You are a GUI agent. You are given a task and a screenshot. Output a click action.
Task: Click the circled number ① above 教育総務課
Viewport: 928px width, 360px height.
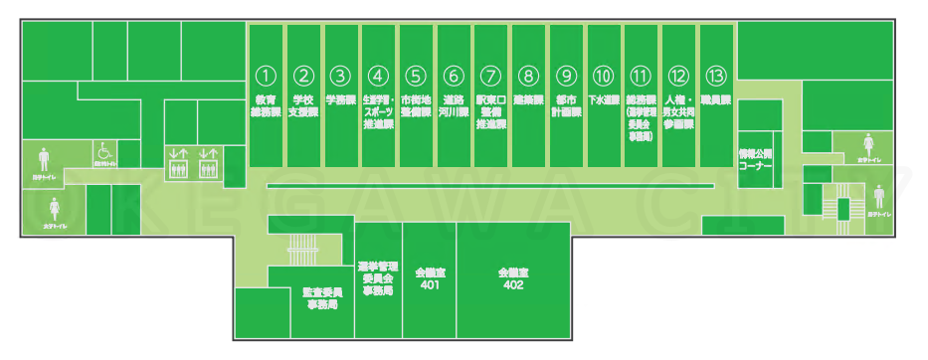(x=265, y=75)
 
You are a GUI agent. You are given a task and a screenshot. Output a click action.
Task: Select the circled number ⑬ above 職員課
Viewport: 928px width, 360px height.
(x=715, y=75)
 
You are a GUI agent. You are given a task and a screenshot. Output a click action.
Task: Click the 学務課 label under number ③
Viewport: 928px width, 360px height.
(x=340, y=100)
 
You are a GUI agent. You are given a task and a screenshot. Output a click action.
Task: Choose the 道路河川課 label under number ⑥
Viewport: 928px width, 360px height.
(x=454, y=106)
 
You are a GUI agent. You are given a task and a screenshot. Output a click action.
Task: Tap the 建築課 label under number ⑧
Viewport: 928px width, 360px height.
(x=528, y=100)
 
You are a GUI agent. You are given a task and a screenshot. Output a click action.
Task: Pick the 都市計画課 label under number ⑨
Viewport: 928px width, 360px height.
(x=566, y=106)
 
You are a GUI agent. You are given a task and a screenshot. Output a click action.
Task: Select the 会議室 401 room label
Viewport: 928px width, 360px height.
(x=429, y=277)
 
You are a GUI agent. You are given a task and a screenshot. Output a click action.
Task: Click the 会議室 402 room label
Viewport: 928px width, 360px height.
(x=513, y=277)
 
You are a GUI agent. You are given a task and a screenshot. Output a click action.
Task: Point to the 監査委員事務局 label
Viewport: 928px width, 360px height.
(x=321, y=298)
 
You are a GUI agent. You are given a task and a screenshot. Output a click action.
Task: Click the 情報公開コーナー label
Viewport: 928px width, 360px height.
(x=755, y=161)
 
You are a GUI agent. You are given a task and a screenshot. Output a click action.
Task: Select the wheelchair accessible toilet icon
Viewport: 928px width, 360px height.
(x=103, y=152)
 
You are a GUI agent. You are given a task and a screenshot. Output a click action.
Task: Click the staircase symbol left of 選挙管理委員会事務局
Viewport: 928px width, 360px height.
(x=299, y=247)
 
